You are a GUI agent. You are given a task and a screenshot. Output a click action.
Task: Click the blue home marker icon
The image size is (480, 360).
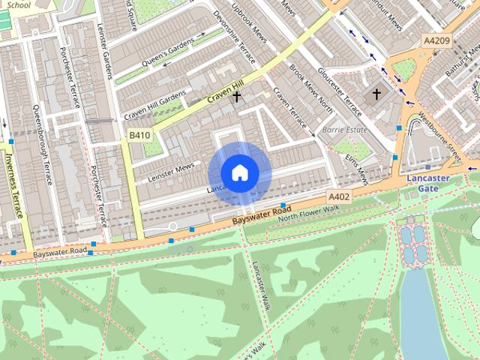239,172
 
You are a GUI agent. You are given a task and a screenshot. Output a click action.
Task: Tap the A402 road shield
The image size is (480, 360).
339,196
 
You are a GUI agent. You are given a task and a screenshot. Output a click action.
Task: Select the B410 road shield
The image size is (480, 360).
139,135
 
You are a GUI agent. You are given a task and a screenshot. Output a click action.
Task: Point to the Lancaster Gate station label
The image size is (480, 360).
427,184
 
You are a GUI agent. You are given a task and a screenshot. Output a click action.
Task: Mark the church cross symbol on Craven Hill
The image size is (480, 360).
237,96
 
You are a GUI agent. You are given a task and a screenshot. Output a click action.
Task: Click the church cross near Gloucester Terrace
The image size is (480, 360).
376,94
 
